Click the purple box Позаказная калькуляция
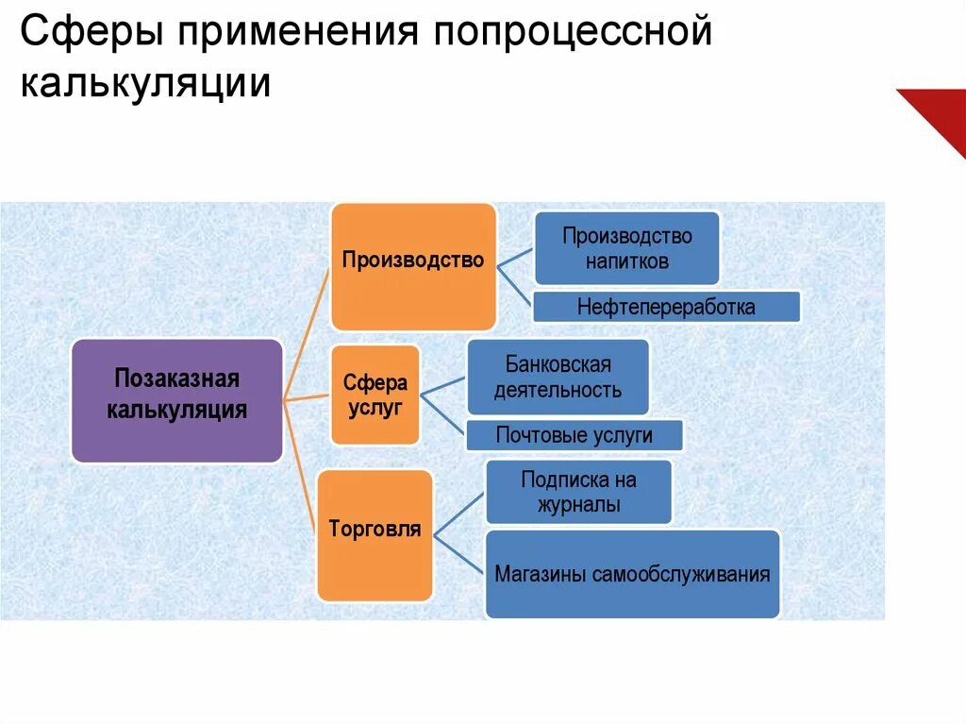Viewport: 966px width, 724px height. pos(176,400)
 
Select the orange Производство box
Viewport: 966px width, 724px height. pos(413,265)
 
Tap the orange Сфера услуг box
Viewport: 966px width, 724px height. pos(375,396)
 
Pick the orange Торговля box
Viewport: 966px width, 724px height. pos(375,535)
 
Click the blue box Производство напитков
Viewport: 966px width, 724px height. pos(626,248)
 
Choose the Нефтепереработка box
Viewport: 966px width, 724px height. pos(666,307)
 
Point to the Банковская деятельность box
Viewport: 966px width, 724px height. pos(558,377)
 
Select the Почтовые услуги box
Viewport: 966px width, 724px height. pos(574,435)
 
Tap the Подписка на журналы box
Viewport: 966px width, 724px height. pos(578,491)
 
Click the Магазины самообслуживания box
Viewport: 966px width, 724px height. pos(632,574)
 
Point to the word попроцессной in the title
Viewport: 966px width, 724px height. pos(570,36)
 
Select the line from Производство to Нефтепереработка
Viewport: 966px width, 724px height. pos(515,286)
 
